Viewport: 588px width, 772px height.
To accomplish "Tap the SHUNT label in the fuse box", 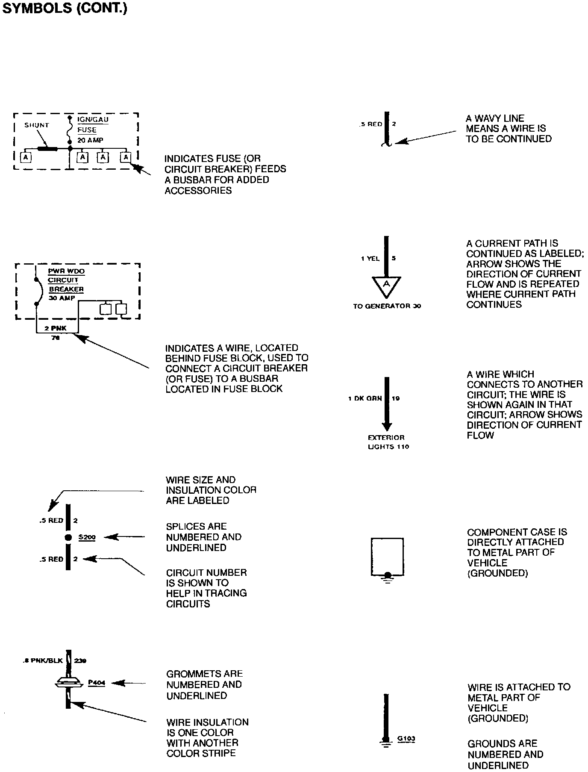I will click(37, 125).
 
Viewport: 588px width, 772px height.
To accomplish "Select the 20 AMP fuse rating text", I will click(90, 140).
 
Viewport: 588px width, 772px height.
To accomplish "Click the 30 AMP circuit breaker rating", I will click(62, 298).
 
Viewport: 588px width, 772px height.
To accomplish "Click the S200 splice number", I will click(87, 537).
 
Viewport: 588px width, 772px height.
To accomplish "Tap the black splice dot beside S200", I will click(68, 537).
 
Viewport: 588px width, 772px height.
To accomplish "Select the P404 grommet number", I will click(97, 683).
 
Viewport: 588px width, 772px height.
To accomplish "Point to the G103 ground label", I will click(406, 738).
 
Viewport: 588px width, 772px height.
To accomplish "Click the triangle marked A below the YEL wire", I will click(387, 285).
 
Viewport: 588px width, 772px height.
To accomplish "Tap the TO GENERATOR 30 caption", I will click(387, 306).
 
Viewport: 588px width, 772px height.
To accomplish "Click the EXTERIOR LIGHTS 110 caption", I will click(387, 442).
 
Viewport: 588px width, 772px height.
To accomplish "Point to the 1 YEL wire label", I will click(370, 258).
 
